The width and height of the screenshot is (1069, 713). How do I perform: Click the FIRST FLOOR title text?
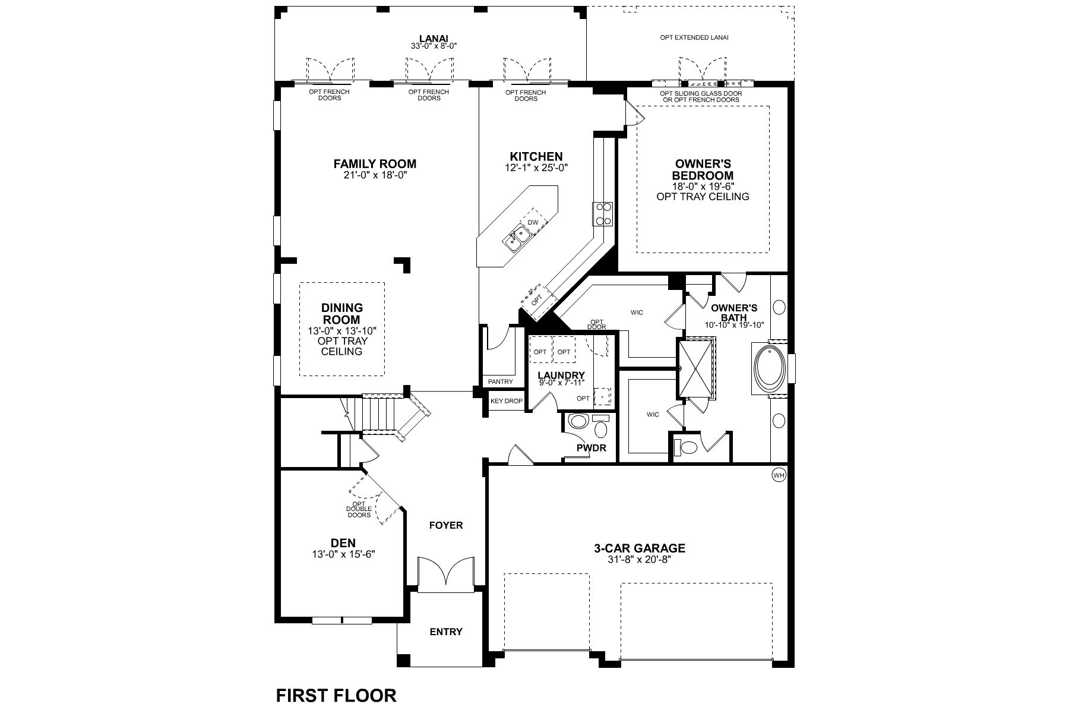336,695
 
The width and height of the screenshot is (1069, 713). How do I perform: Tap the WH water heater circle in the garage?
779,475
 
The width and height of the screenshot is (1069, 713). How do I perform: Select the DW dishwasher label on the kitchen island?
533,222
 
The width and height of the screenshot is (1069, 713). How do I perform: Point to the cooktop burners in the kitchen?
603,214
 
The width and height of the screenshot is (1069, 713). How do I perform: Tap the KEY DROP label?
506,401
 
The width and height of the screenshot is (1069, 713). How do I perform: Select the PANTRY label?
500,381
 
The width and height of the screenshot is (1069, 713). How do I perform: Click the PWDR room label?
591,447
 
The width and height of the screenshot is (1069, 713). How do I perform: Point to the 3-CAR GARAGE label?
640,548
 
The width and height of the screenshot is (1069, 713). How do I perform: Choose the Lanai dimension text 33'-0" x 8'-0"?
433,46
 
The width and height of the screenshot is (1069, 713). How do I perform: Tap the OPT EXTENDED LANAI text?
694,37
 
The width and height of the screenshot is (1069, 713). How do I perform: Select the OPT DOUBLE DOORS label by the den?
359,509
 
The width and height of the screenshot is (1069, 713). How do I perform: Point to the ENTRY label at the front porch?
445,632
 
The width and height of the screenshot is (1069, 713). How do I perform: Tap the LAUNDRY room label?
561,375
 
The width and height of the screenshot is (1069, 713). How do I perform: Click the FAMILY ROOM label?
374,164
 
